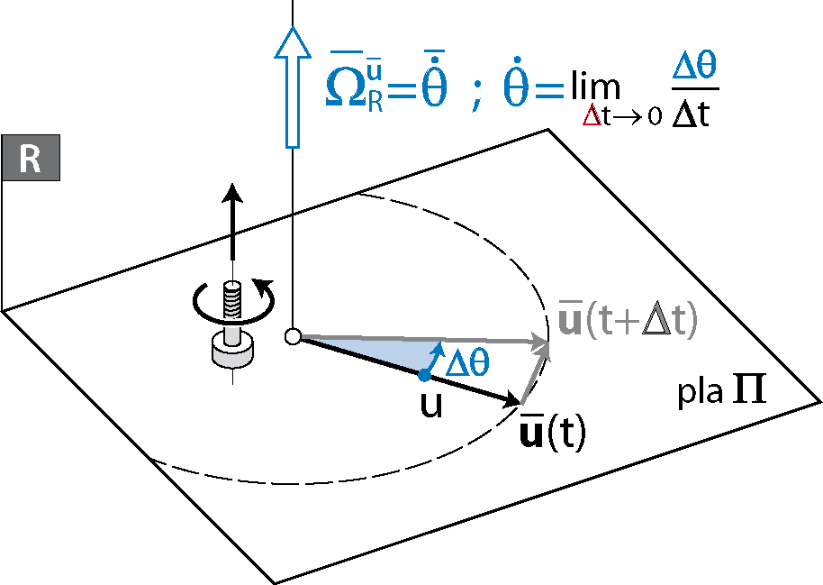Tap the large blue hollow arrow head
(292, 46)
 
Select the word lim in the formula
(594, 87)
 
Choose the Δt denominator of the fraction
(692, 114)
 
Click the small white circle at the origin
(292, 337)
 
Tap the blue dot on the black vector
(423, 374)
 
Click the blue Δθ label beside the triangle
(468, 361)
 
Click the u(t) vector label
(554, 434)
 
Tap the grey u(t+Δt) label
(628, 323)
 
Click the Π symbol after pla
(748, 392)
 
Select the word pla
(701, 394)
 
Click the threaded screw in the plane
(233, 298)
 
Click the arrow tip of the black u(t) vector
(518, 401)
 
